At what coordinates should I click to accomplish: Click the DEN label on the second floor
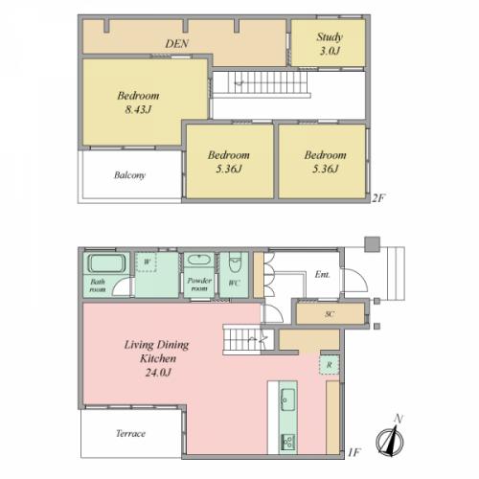click(x=176, y=43)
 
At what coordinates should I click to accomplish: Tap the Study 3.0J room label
click(x=330, y=44)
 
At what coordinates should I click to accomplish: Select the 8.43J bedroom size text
click(x=138, y=109)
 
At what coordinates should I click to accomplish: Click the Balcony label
click(x=129, y=175)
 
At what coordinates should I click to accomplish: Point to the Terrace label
click(x=130, y=433)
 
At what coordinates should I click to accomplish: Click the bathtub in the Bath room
click(x=106, y=263)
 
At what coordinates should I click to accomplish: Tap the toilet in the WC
click(x=236, y=262)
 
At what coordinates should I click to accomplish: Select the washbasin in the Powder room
click(x=198, y=260)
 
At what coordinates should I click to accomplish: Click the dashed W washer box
click(x=147, y=262)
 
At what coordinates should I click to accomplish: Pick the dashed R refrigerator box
click(x=330, y=365)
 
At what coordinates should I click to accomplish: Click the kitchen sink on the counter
click(x=287, y=399)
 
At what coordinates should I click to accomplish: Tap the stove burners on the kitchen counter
click(x=287, y=443)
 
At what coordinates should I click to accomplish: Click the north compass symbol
click(x=390, y=438)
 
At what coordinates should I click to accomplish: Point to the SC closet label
click(x=330, y=314)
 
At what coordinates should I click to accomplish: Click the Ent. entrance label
click(x=322, y=274)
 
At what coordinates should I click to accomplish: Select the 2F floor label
click(x=378, y=198)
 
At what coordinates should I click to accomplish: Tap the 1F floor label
click(x=354, y=452)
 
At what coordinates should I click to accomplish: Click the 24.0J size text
click(x=158, y=373)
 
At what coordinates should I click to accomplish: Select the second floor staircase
click(x=262, y=84)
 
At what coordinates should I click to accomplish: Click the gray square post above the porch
click(x=373, y=244)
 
